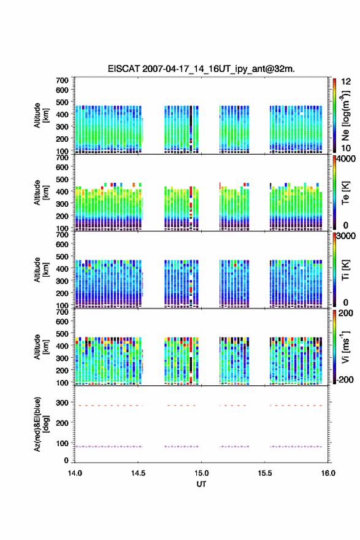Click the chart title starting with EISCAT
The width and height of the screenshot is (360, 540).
tap(201, 69)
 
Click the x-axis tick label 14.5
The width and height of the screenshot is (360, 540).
tap(138, 473)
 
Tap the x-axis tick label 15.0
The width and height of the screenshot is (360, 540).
tap(201, 473)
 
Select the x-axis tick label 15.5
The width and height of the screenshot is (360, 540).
tap(265, 473)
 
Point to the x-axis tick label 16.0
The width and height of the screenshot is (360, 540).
tap(328, 473)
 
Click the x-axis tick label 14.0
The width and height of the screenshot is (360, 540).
tap(75, 473)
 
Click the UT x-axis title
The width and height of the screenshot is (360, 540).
tap(201, 484)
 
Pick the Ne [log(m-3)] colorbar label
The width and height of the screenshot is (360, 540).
tap(345, 116)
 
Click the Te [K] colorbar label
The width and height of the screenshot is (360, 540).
tap(345, 193)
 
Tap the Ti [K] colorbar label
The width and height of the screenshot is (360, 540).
tap(345, 269)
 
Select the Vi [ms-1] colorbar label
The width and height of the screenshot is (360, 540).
tap(345, 347)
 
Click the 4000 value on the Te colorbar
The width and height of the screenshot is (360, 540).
tap(346, 159)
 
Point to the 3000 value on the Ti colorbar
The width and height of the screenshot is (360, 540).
tap(346, 236)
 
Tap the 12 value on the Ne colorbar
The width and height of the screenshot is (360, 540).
tap(346, 82)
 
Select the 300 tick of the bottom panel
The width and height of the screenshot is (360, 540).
tap(62, 403)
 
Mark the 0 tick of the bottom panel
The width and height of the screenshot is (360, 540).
tap(66, 460)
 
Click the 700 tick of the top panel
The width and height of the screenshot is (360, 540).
tap(62, 80)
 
